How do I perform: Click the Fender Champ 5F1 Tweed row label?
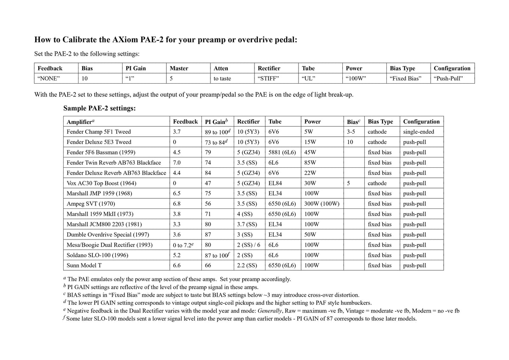99,132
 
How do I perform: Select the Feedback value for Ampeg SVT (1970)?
177,204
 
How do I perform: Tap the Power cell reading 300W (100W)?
322,204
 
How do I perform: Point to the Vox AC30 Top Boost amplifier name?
101,183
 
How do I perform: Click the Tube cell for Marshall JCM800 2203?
275,224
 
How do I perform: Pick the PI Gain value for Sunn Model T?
208,265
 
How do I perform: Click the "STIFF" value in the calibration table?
269,79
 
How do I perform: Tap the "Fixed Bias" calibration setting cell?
406,79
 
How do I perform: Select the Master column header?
179,68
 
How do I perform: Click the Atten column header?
221,68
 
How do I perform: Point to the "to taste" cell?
223,79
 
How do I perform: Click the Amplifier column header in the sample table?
81,122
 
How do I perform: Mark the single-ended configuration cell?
419,132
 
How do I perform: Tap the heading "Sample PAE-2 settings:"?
100,108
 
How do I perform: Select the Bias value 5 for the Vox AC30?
348,183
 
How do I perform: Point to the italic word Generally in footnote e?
270,311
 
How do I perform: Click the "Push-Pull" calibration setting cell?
449,79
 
